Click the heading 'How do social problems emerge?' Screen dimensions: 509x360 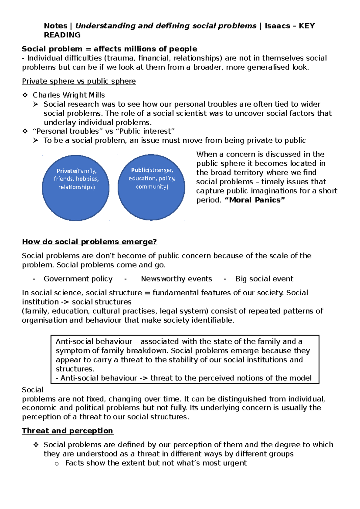tap(89, 242)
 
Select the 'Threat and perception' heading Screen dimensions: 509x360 tap(67, 431)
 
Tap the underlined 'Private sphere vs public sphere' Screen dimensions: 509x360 tap(79, 81)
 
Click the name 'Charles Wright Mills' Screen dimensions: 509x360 tap(69, 95)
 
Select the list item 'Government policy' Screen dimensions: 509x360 tap(78, 279)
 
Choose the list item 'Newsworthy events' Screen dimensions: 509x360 tap(176, 279)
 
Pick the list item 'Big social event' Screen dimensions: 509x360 tap(264, 279)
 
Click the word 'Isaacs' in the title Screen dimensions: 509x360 tap(277, 26)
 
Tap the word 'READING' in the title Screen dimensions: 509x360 tap(62, 35)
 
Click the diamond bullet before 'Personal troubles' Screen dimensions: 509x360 tap(25, 131)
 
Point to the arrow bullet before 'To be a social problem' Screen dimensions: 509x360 tap(36, 140)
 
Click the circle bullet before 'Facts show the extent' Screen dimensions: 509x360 tap(56, 464)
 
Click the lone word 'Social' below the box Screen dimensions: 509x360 tap(33, 390)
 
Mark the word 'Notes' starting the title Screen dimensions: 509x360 tap(55, 26)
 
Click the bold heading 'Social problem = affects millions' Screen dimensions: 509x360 tap(109, 49)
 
